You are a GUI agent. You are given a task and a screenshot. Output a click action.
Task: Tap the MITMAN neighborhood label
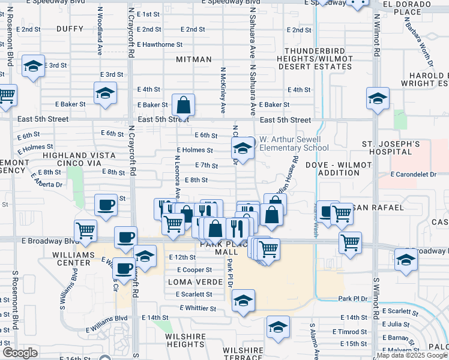[x=194, y=59]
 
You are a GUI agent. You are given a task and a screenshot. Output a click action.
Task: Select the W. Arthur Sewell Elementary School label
[x=294, y=143]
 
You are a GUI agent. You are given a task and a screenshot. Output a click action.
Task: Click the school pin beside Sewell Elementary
[x=243, y=148]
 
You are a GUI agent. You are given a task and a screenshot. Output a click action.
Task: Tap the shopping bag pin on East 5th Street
[x=183, y=106]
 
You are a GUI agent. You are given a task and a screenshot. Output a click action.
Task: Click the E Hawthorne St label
[x=160, y=44]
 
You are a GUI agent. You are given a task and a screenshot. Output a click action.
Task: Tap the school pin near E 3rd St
[x=33, y=67]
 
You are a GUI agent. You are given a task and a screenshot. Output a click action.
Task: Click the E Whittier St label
[x=197, y=308]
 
